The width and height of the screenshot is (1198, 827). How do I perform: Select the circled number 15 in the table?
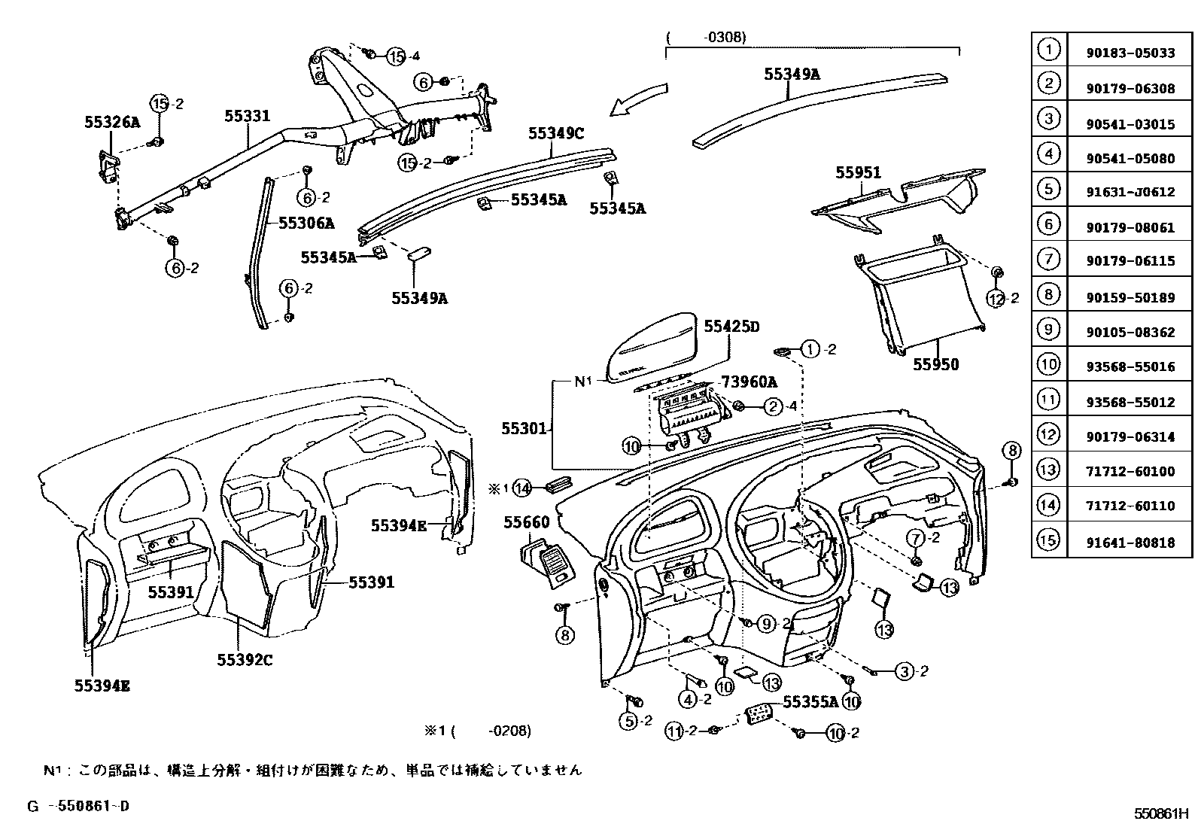pyautogui.click(x=1048, y=540)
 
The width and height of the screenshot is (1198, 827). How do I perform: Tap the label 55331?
pyautogui.click(x=247, y=116)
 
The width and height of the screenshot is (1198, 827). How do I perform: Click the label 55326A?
pyautogui.click(x=112, y=122)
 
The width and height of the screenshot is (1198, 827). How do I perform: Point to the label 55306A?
pyautogui.click(x=306, y=223)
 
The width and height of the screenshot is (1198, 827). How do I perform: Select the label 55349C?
pyautogui.click(x=555, y=133)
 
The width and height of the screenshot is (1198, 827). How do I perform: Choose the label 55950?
pyautogui.click(x=935, y=364)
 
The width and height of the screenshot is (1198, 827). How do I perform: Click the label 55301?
pyautogui.click(x=524, y=428)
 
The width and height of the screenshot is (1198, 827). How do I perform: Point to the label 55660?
pyautogui.click(x=526, y=522)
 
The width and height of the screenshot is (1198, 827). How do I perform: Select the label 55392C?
pyautogui.click(x=245, y=660)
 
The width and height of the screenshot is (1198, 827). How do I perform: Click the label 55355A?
pyautogui.click(x=810, y=701)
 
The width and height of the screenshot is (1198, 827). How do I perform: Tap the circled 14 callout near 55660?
pyautogui.click(x=522, y=488)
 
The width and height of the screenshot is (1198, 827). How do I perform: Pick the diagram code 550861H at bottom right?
pyautogui.click(x=1160, y=813)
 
